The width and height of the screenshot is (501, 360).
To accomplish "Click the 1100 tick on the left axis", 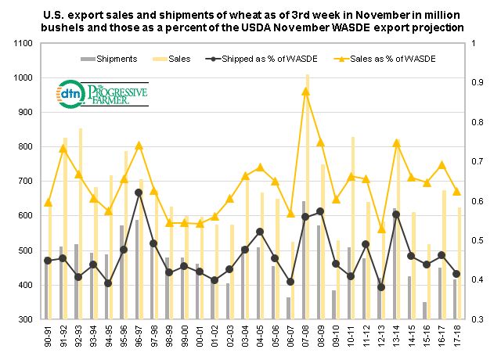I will [21, 43].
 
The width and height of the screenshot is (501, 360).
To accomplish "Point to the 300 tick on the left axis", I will [23, 319].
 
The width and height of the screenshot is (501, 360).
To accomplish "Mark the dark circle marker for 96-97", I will [139, 193].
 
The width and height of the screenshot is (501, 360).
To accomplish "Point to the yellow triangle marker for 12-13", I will [381, 229].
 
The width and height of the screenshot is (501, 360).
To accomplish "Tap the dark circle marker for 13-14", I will [396, 214].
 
